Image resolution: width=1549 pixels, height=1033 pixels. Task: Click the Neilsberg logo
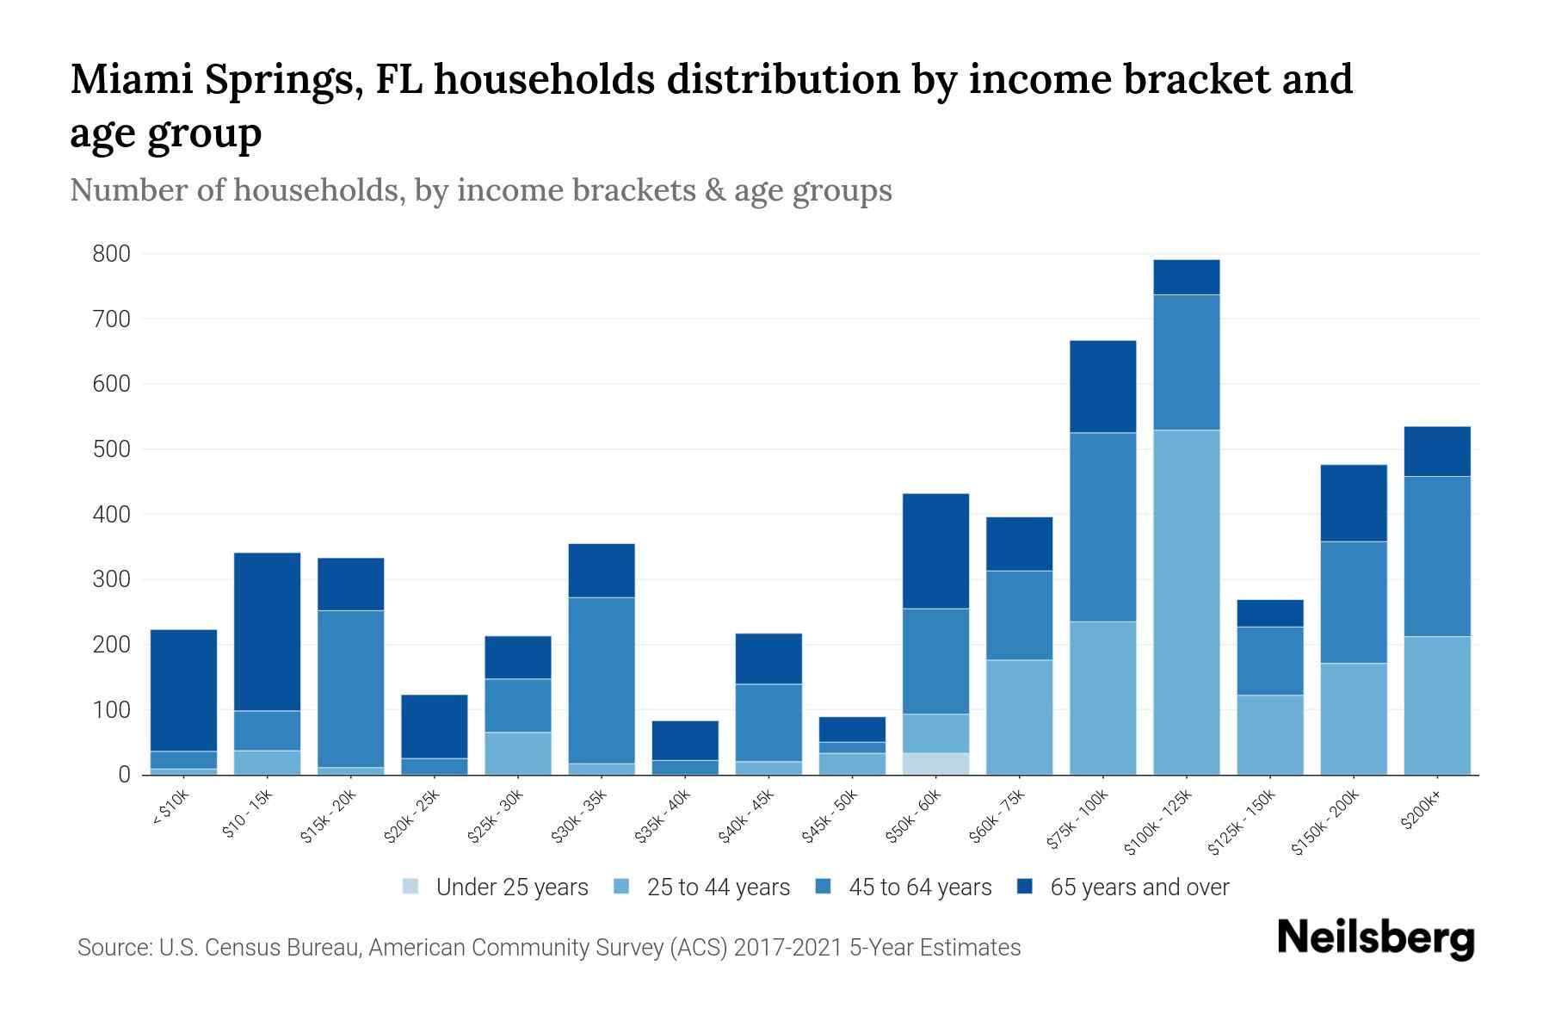click(1375, 937)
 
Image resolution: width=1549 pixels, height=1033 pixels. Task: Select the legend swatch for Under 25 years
click(411, 887)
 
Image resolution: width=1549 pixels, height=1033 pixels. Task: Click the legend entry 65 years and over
click(1139, 887)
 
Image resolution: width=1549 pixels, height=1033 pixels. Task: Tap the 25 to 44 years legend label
click(718, 887)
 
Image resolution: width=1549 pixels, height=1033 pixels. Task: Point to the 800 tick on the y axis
click(112, 254)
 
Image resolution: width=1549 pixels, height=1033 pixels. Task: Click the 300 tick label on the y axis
click(112, 579)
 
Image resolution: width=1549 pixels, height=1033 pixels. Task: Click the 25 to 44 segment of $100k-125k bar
click(1187, 603)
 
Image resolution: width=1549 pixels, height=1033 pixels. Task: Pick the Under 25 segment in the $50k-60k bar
click(935, 764)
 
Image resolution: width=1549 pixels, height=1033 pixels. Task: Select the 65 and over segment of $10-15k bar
click(267, 631)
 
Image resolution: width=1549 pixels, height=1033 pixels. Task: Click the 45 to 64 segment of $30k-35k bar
click(602, 680)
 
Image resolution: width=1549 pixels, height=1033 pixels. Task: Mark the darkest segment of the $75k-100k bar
click(1102, 387)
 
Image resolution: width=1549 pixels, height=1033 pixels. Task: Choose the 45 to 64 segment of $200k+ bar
click(1437, 556)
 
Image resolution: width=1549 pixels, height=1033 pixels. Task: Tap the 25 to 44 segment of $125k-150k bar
click(1270, 734)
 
